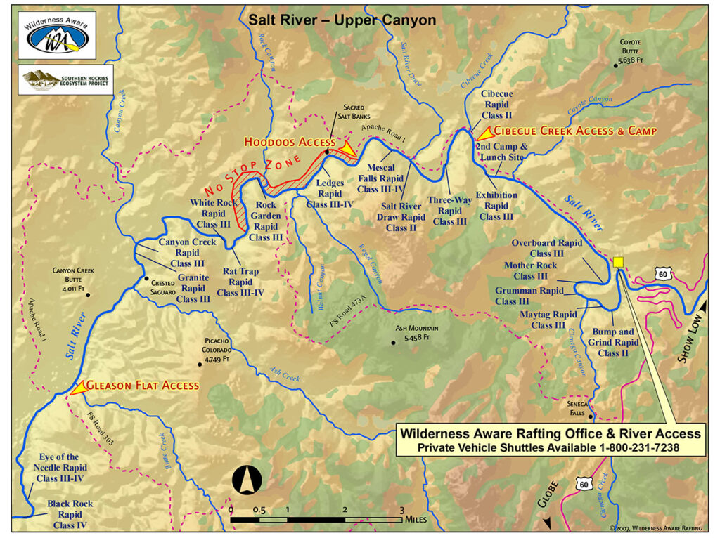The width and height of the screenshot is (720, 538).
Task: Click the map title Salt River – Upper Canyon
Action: tap(342, 20)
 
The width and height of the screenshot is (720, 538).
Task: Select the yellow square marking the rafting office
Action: tap(618, 262)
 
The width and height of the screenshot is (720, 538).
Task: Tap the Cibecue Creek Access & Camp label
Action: tap(575, 131)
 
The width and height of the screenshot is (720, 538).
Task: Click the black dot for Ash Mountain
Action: tap(393, 343)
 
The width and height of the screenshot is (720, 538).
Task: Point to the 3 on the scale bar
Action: tap(401, 510)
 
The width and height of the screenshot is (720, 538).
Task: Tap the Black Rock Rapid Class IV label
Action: tap(70, 514)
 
